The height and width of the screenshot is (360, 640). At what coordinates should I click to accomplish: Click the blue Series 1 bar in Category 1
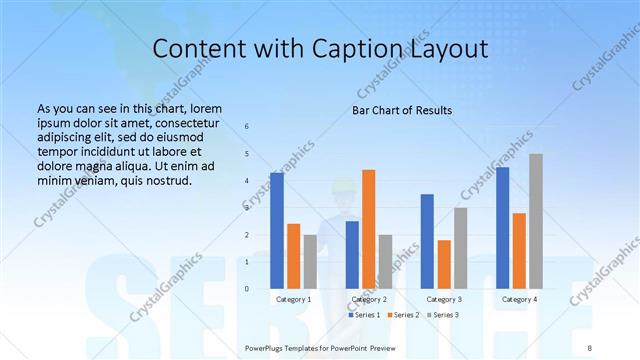pos(277,230)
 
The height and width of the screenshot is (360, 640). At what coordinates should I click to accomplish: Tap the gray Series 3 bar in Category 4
pos(536,221)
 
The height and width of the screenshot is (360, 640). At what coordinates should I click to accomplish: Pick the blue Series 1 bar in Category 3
pos(427,241)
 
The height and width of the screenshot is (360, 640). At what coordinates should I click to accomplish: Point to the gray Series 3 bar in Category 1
pos(310,261)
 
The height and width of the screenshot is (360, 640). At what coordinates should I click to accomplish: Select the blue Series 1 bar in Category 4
pos(502,227)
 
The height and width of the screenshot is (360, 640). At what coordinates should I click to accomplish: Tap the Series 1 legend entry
pos(365,315)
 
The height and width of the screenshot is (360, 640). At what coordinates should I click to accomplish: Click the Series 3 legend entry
pos(444,315)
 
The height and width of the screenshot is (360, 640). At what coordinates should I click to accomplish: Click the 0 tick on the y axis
pos(247,289)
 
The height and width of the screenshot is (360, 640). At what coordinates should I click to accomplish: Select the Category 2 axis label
pos(369,299)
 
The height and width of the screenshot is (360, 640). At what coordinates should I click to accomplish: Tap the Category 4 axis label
pos(519,299)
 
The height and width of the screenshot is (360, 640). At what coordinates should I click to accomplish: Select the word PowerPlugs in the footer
pos(268,346)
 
